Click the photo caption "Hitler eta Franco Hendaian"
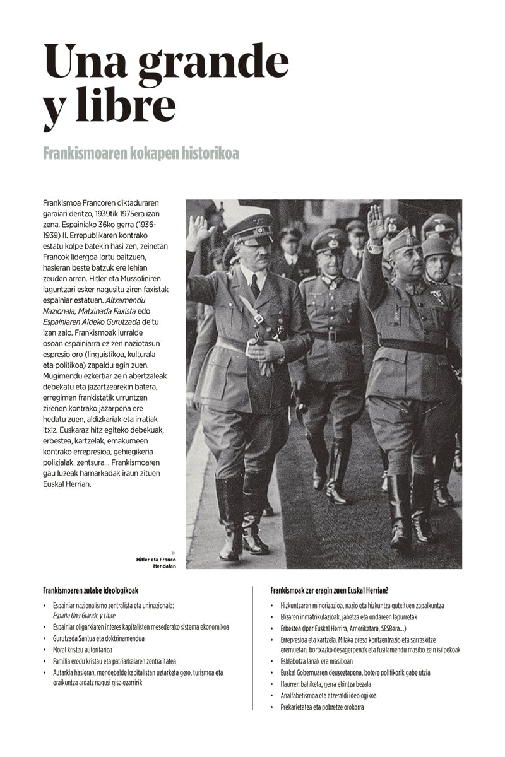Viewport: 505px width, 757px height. click(156, 563)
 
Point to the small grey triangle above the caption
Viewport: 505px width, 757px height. click(174, 553)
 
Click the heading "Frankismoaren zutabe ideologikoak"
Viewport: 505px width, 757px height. click(90, 590)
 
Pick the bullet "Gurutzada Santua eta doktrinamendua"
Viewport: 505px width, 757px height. click(98, 638)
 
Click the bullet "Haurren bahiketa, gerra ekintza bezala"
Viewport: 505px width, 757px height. click(326, 684)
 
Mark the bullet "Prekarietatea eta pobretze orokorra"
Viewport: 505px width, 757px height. click(322, 707)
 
